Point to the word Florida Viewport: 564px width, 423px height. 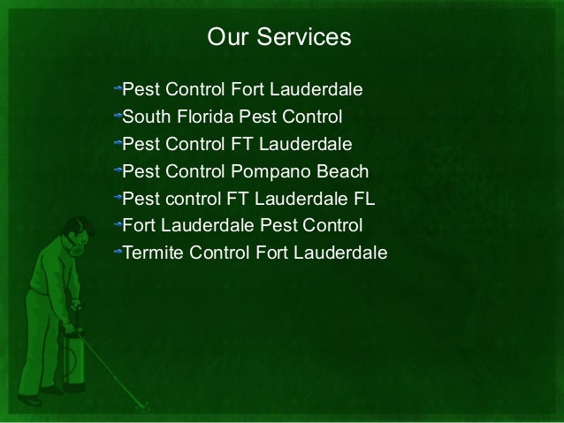[x=210, y=117]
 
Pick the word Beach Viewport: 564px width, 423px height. [x=340, y=171]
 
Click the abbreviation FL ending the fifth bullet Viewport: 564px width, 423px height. [x=364, y=199]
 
